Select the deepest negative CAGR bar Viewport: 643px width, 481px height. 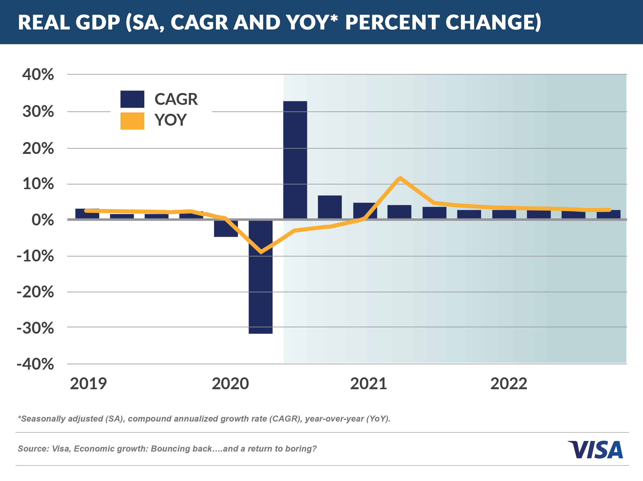tap(260, 276)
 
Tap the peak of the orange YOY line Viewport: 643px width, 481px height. tap(400, 178)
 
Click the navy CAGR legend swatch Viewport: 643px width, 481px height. tap(132, 99)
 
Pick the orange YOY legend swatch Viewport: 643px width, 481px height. tap(132, 121)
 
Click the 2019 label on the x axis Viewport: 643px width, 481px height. tap(88, 384)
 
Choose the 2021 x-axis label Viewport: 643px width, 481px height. tap(368, 384)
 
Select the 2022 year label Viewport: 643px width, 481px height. tap(508, 384)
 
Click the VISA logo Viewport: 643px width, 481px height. tap(595, 450)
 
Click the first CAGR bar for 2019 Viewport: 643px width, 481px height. tap(87, 214)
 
